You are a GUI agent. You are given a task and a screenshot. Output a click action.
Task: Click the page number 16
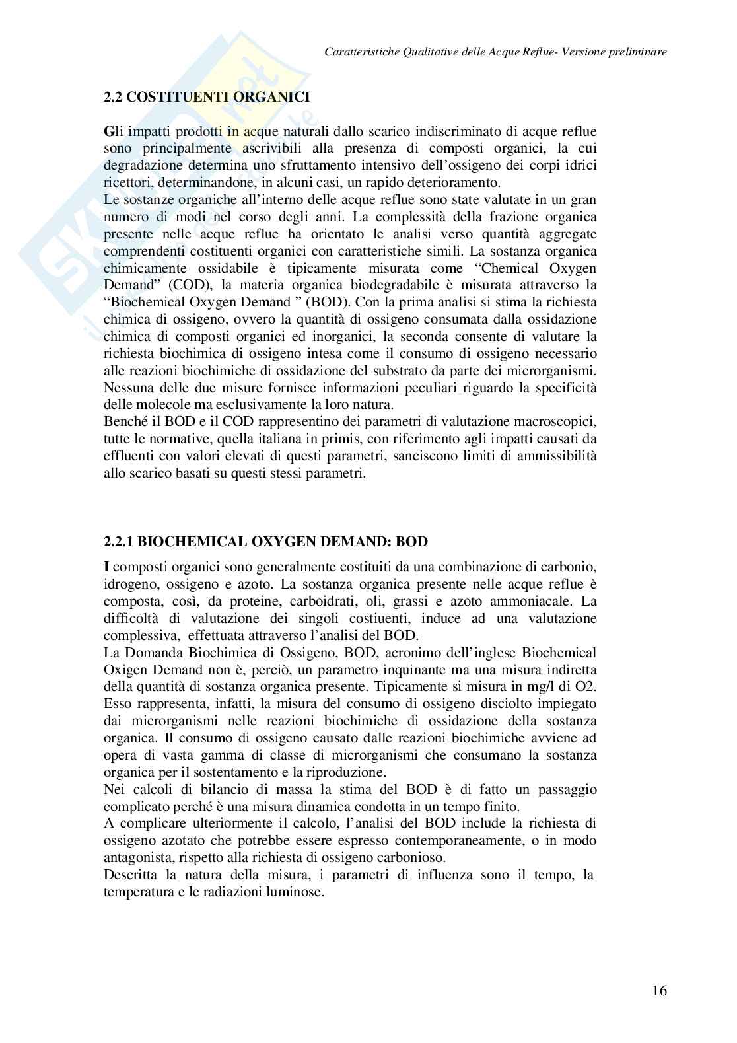point(659,991)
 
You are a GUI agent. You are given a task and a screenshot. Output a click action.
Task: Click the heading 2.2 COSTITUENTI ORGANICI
point(207,97)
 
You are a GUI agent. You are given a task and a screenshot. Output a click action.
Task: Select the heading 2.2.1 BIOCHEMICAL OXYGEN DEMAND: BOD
point(266,542)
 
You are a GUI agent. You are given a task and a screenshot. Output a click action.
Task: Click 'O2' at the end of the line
point(585,686)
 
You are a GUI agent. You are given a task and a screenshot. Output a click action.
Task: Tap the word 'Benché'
point(124,421)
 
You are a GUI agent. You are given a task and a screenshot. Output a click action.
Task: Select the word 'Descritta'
point(131,875)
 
